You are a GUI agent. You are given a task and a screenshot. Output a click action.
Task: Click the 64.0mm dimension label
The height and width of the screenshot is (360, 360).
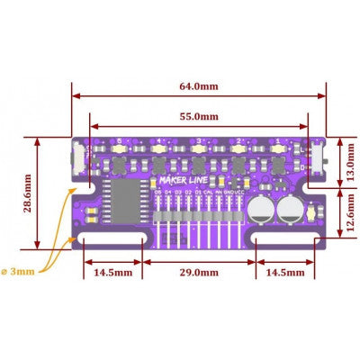click(x=197, y=86)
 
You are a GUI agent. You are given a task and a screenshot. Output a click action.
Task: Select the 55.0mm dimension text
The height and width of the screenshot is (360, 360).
click(x=198, y=116)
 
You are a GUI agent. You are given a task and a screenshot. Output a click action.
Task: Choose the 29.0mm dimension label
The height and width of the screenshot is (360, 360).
click(x=198, y=270)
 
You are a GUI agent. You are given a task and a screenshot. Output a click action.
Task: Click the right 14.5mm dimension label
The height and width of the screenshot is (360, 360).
click(x=281, y=270)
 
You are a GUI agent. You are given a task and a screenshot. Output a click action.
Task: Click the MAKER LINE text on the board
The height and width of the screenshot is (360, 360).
click(x=178, y=179)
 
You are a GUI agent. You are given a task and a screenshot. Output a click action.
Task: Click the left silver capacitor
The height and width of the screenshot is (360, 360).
click(x=261, y=210)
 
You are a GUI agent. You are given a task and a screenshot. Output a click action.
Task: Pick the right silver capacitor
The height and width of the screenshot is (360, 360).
click(x=290, y=210)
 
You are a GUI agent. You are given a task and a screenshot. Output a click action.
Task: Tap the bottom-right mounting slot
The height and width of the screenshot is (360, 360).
click(x=281, y=240)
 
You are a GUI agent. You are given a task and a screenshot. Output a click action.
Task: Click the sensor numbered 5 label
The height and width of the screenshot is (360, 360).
click(x=118, y=141)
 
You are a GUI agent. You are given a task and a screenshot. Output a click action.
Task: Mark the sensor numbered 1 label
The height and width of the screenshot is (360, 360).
click(x=279, y=141)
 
